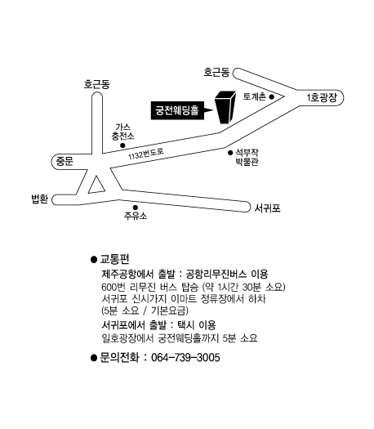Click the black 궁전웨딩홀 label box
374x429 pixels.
(178, 110)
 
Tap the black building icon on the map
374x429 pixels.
(225, 107)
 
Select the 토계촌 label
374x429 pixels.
(254, 96)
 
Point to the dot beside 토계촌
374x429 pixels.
(271, 96)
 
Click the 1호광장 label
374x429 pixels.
(322, 98)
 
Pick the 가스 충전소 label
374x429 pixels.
(122, 132)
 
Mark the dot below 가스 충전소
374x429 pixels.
(122, 145)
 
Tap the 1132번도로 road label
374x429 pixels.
(146, 154)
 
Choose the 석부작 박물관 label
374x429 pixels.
(247, 157)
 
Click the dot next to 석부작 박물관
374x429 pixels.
(230, 153)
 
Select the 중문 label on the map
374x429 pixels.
(65, 162)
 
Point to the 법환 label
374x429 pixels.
(40, 199)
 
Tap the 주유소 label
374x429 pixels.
(136, 216)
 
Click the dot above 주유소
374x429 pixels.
(135, 208)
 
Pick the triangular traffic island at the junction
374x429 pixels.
(96, 185)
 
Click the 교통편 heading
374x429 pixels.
(114, 259)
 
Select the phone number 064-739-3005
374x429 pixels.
(185, 358)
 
